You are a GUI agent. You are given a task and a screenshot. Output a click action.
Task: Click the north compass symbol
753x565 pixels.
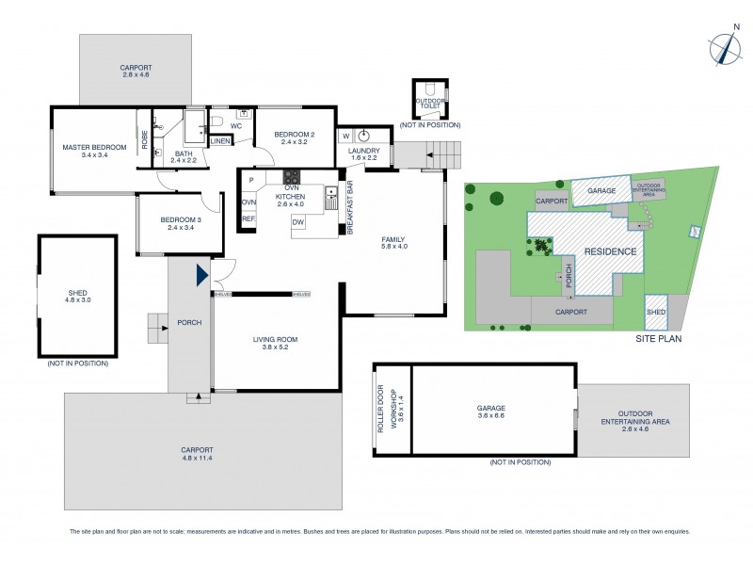(x=723, y=48)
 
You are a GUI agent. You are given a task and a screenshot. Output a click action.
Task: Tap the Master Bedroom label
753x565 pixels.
(x=94, y=148)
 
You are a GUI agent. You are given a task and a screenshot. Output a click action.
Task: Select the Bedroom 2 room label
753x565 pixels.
(x=295, y=135)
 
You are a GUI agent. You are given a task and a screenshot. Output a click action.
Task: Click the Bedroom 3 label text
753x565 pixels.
(x=179, y=220)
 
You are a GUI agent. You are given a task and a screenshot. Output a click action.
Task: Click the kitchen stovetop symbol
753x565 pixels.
(x=292, y=176)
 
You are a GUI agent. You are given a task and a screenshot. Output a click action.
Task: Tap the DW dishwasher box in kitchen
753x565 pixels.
(x=297, y=221)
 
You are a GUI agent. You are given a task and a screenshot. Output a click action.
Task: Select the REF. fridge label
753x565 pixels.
(x=248, y=218)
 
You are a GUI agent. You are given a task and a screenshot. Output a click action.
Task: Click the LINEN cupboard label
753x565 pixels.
(x=220, y=141)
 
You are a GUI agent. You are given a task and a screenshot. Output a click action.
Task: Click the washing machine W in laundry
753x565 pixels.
(x=345, y=135)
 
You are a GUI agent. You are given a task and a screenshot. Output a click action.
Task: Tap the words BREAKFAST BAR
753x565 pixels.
(x=350, y=207)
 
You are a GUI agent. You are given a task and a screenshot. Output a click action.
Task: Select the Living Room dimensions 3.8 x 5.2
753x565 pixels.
(x=275, y=347)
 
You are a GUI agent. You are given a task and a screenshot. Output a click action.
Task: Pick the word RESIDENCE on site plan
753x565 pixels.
(x=610, y=251)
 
